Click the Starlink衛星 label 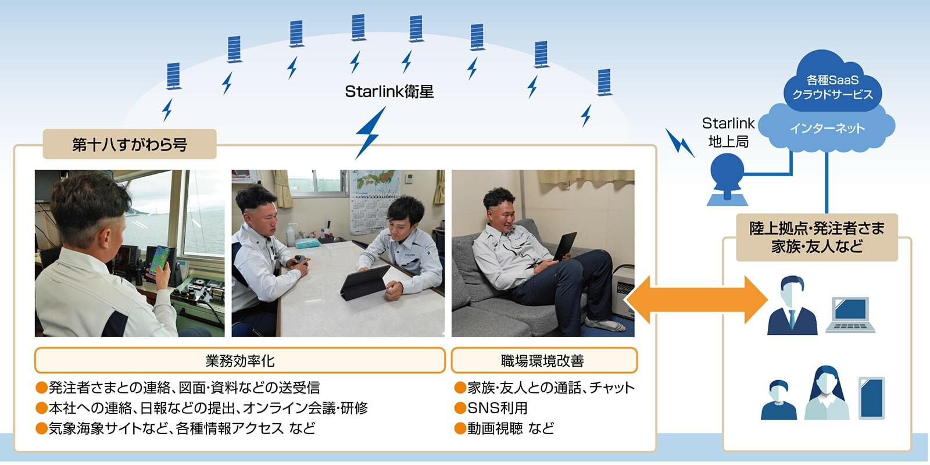(389, 92)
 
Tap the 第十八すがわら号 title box (129, 144)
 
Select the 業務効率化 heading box (239, 360)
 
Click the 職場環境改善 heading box (543, 360)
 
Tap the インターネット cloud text (827, 128)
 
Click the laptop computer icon (850, 314)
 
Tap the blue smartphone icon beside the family (871, 398)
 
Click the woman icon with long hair (826, 394)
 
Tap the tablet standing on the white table (365, 281)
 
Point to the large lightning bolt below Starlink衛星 (370, 133)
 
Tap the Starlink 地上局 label (728, 133)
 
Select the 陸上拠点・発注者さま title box (816, 237)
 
